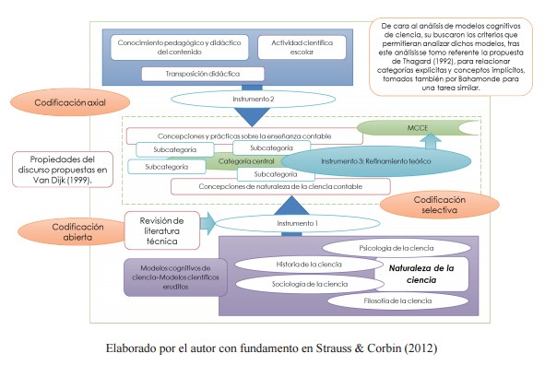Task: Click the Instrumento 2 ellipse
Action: coord(253,99)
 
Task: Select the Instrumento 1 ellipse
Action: coord(298,223)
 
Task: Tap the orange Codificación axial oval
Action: coord(70,102)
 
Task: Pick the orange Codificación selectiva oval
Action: coord(439,205)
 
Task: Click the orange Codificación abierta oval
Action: coord(75,231)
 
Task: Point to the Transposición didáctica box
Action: coord(203,74)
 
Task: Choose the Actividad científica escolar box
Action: coord(302,47)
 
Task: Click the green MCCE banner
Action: coord(418,128)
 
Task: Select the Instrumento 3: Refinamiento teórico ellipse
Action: coord(376,161)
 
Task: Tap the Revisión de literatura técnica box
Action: coord(162,230)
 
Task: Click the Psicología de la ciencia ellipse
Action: coord(397,248)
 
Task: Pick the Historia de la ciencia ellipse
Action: coord(309,265)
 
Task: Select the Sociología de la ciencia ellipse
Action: coord(309,284)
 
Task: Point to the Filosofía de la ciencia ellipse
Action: coord(397,300)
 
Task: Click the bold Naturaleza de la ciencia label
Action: coord(421,274)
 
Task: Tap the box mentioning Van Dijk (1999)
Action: coord(63,170)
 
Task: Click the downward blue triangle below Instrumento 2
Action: coord(253,117)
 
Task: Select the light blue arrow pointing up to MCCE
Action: coord(431,141)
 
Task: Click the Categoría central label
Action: coord(246,161)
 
